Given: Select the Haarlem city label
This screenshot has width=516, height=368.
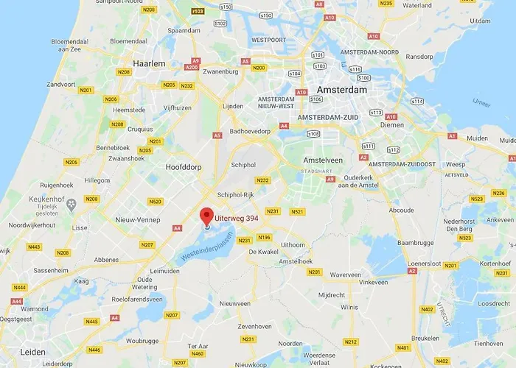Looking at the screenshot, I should (x=148, y=64).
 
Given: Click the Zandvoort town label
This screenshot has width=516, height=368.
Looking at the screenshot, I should (x=62, y=85).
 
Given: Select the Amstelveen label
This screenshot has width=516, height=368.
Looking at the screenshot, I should (x=324, y=160).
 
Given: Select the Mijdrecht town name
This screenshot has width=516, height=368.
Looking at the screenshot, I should (x=332, y=294).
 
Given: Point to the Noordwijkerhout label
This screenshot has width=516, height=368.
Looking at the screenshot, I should (x=31, y=224).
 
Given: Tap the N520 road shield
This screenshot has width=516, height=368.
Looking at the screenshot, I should (x=155, y=201).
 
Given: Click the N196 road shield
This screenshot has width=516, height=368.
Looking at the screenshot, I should (x=265, y=237).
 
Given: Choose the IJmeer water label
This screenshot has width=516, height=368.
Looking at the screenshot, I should (x=481, y=102).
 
